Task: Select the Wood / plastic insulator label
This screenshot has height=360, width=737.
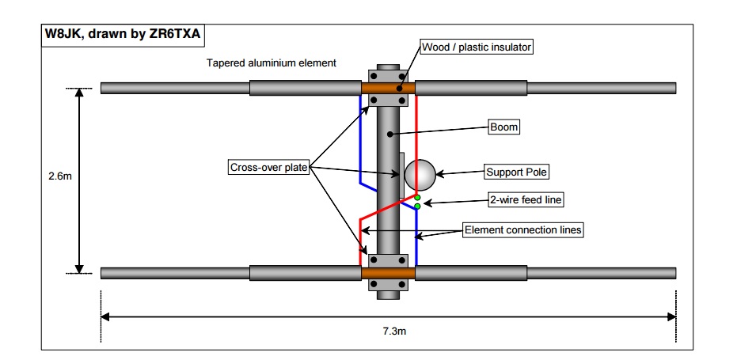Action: click(476, 47)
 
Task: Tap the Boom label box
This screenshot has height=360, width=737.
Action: click(503, 126)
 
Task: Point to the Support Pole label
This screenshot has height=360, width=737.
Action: click(516, 172)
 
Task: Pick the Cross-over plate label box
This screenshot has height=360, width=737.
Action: click(268, 167)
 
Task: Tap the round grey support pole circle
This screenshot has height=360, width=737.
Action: click(420, 174)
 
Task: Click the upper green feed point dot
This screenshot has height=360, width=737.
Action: click(417, 197)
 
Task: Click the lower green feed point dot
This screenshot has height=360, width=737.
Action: click(417, 207)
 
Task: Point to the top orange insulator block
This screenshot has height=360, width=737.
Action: click(388, 87)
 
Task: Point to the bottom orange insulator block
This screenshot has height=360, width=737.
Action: click(388, 273)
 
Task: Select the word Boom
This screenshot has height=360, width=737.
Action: click(503, 126)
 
